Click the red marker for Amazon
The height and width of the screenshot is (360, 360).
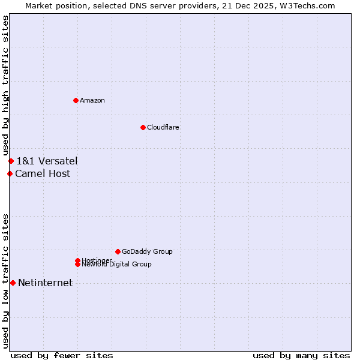76,100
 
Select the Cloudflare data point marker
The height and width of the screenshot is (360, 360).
143,127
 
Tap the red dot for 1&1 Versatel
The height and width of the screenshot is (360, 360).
11,161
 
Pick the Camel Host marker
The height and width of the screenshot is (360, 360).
10,174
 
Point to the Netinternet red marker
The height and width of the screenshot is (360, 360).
13,283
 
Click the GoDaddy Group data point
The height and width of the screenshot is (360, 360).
118,251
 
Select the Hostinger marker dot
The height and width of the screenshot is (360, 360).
77,260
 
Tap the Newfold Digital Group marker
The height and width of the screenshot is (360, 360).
77,265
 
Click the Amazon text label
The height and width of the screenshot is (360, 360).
92,100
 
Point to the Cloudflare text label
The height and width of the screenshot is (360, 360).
163,127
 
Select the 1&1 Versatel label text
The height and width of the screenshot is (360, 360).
47,161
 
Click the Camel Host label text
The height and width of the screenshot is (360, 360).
43,174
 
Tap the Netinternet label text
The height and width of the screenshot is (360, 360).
46,283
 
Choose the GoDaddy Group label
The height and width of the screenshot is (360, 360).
147,251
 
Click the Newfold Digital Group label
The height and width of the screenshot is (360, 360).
116,265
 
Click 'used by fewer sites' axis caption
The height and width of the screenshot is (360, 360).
62,355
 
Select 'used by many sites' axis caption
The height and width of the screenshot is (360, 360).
301,355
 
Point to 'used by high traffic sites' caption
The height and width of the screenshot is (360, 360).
5,86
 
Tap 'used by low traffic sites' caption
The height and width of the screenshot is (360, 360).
5,281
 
